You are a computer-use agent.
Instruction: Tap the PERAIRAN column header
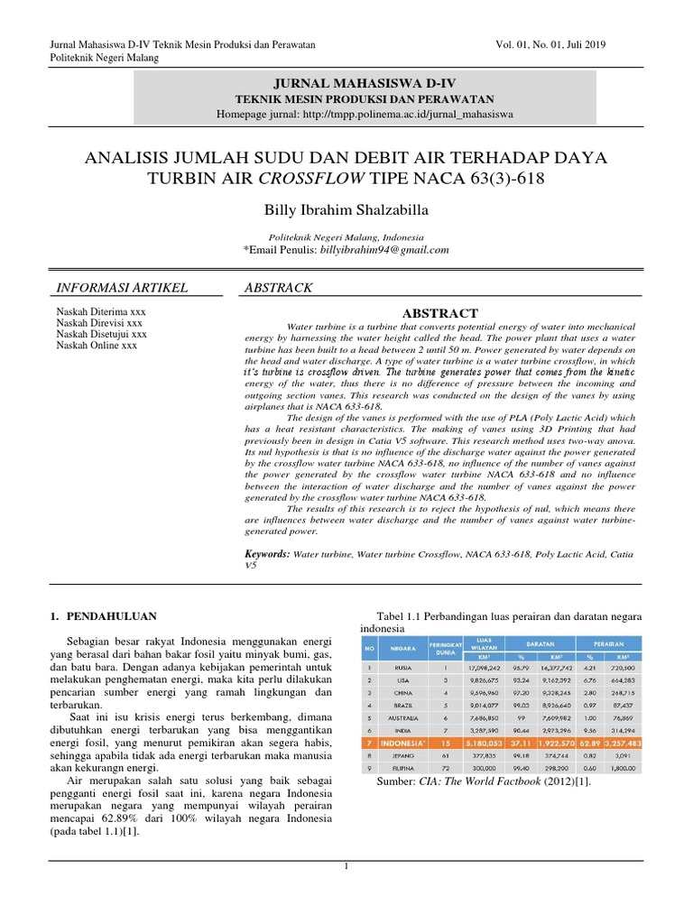click(604, 644)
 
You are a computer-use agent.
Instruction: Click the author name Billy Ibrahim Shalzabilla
click(346, 210)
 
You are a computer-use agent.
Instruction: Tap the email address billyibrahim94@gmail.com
click(383, 250)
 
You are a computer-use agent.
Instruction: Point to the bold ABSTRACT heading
click(439, 313)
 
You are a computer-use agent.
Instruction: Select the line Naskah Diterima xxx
click(98, 310)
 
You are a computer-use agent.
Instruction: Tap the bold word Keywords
click(268, 554)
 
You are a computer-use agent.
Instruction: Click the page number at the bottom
click(346, 866)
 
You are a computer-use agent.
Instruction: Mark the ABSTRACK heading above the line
click(279, 287)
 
